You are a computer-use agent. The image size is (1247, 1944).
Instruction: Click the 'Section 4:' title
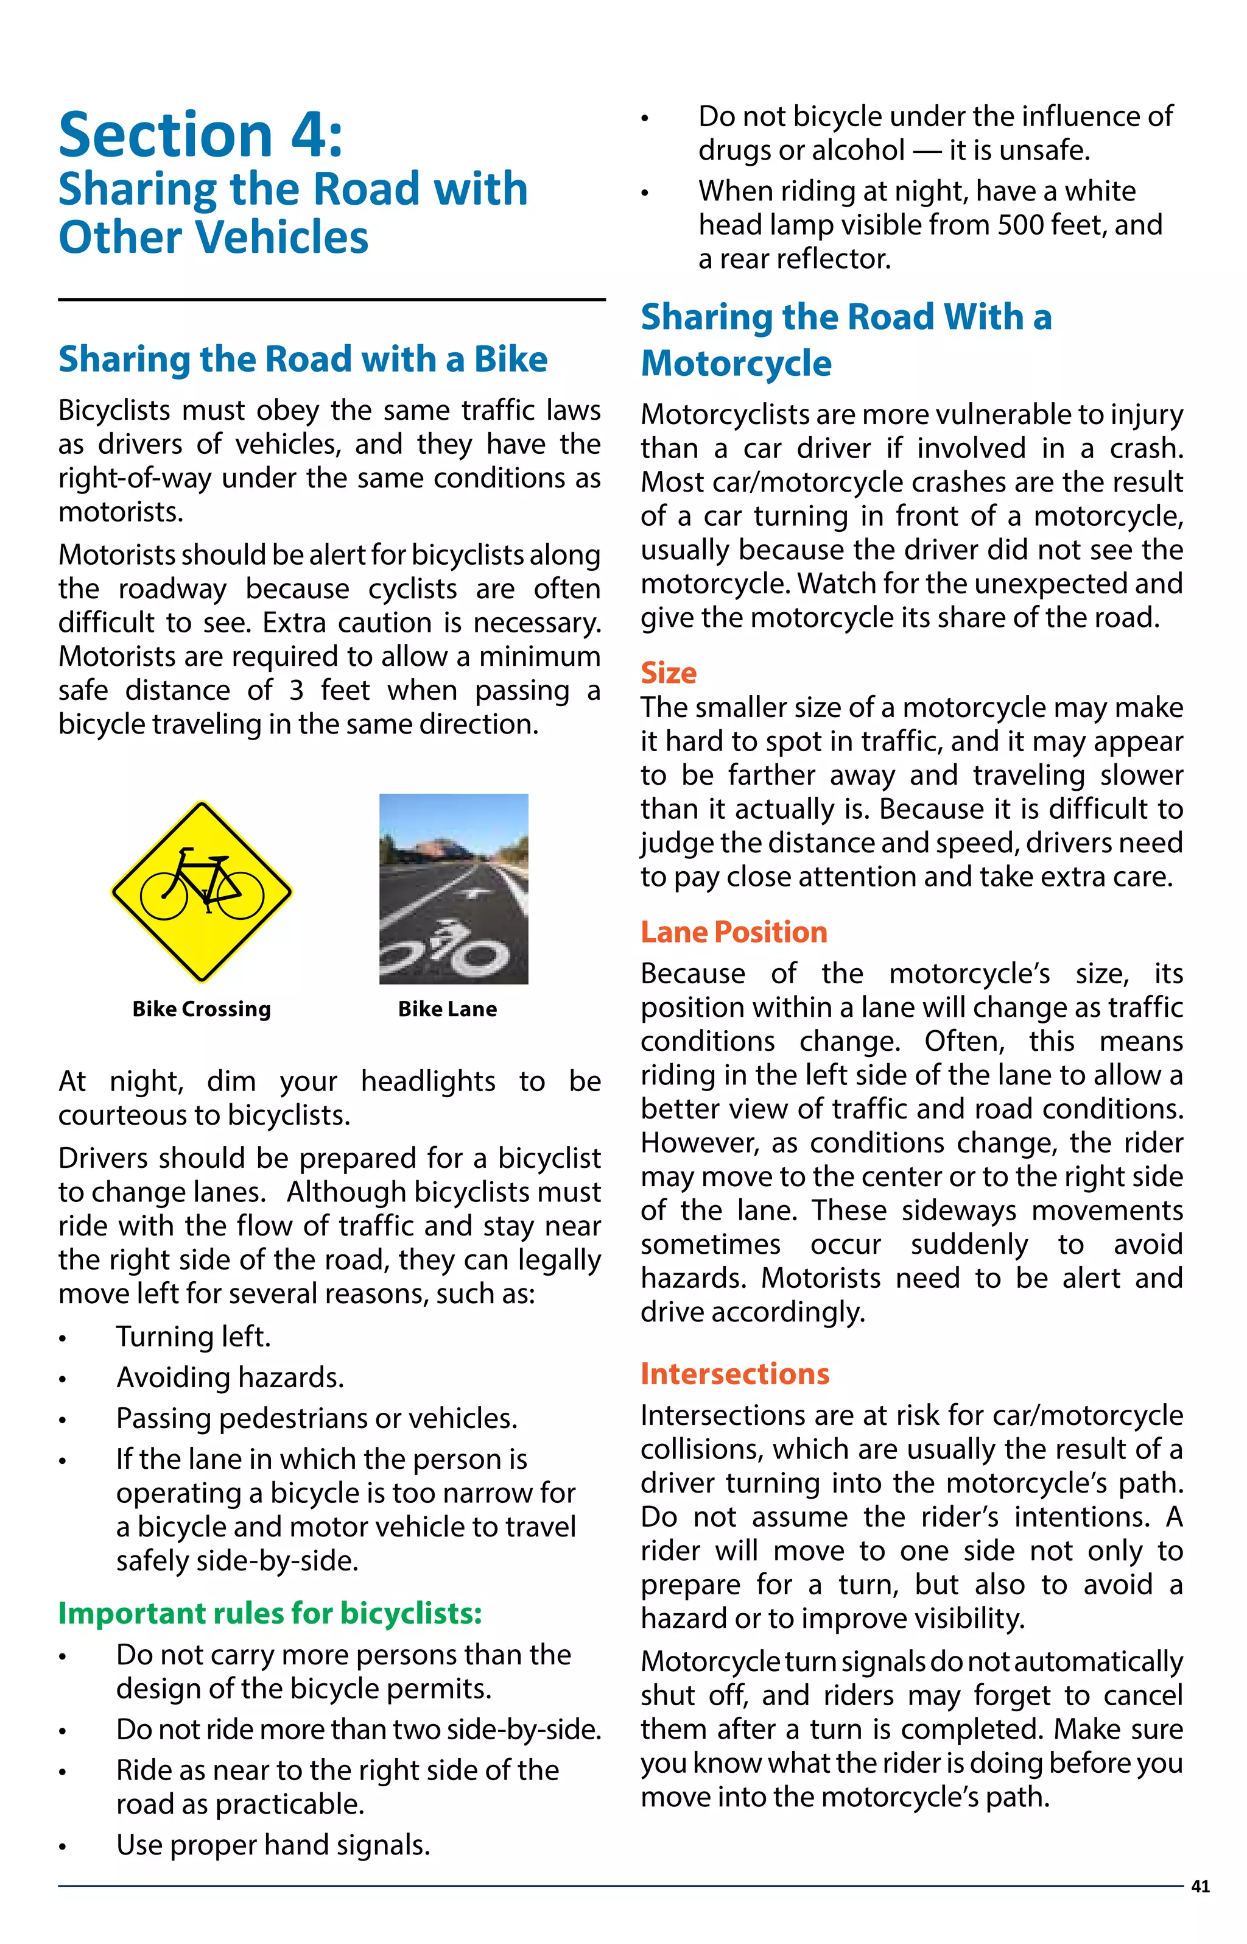[x=201, y=135]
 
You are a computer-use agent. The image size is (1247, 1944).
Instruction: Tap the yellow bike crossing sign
[x=202, y=892]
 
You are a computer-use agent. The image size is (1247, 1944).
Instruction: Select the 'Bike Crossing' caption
[x=202, y=1009]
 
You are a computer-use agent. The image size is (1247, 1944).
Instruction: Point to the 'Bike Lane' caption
[x=447, y=1009]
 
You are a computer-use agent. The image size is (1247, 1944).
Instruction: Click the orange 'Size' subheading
[x=668, y=673]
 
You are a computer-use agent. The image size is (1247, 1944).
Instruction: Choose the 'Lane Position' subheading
[x=734, y=932]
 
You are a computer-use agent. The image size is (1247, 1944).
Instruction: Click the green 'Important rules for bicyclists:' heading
[x=270, y=1614]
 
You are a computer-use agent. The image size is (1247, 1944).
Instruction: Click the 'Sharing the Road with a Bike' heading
[x=303, y=359]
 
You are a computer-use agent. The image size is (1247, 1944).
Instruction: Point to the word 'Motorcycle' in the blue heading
[x=736, y=363]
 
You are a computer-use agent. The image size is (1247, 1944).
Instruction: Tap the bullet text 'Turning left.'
[x=193, y=1337]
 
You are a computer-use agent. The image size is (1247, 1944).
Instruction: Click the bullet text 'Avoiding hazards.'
[x=230, y=1377]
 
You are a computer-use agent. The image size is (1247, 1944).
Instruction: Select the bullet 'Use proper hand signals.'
[x=273, y=1845]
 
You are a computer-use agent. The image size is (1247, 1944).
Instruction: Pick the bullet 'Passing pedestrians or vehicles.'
[x=317, y=1418]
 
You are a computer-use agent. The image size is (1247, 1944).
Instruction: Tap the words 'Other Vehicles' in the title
[x=213, y=238]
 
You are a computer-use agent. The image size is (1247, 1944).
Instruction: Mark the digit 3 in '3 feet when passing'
[x=297, y=690]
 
